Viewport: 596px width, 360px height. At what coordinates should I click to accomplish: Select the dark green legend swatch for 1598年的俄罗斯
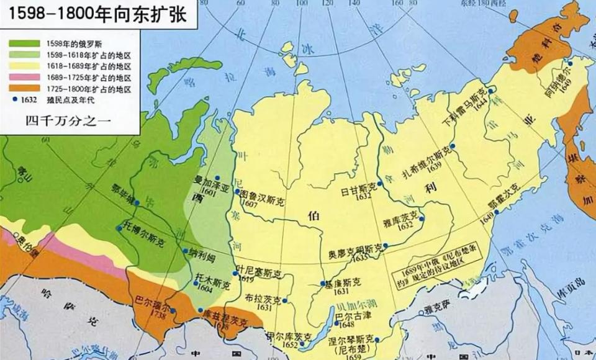(24, 45)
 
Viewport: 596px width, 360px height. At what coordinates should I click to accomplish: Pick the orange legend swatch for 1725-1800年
(24, 88)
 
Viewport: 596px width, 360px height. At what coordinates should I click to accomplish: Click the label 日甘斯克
(359, 186)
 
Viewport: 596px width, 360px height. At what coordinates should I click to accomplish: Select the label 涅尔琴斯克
(353, 339)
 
